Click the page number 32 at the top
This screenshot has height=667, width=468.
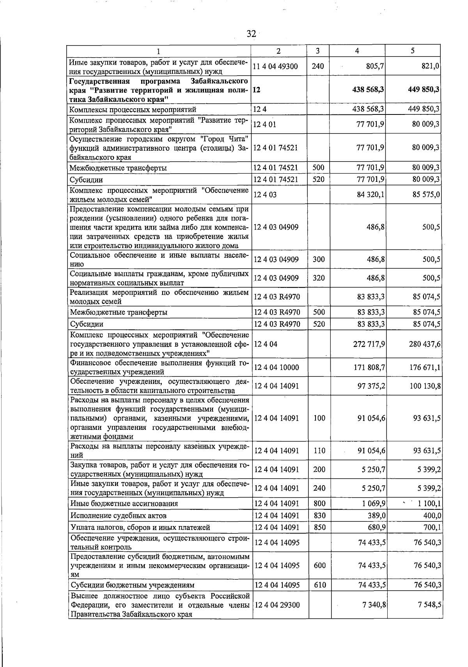pyautogui.click(x=251, y=34)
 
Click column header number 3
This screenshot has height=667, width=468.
pyautogui.click(x=318, y=51)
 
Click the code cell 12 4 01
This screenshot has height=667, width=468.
pyautogui.click(x=265, y=125)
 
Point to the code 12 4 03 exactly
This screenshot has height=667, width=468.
pyautogui.click(x=265, y=195)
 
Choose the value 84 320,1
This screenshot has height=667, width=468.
pyautogui.click(x=371, y=194)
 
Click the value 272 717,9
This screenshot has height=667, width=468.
pyautogui.click(x=369, y=344)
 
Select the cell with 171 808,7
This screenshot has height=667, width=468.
pyautogui.click(x=369, y=367)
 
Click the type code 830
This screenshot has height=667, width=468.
pyautogui.click(x=319, y=516)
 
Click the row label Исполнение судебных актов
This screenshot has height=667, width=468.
pyautogui.click(x=119, y=516)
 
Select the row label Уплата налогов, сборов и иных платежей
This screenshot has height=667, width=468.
pyautogui.click(x=140, y=527)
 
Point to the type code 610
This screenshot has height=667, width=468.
pyautogui.click(x=319, y=585)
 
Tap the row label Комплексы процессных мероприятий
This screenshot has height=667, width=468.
pyautogui.click(x=133, y=109)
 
